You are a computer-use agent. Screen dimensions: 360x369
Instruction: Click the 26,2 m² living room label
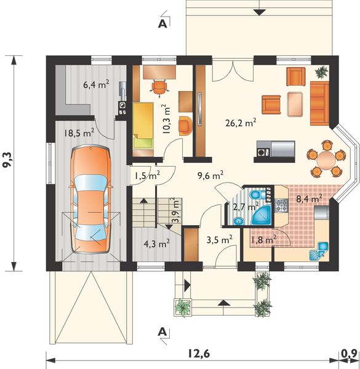(241, 123)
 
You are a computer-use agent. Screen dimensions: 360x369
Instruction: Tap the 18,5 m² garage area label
(79, 133)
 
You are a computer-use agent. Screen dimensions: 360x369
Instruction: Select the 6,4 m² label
(96, 84)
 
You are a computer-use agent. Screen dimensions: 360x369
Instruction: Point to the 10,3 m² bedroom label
(167, 119)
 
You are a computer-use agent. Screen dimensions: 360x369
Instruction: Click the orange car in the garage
(90, 199)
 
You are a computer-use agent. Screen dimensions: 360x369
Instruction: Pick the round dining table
(326, 159)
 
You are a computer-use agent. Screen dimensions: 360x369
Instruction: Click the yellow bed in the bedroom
(143, 125)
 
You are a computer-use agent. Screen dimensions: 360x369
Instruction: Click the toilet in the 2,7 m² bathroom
(256, 194)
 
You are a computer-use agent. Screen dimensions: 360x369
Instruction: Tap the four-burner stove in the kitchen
(281, 205)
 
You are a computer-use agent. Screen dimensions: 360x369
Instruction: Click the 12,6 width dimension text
(199, 354)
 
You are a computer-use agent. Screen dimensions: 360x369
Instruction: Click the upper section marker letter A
(162, 24)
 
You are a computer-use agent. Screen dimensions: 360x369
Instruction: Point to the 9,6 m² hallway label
(210, 175)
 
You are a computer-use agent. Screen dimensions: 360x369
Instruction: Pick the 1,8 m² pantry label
(263, 240)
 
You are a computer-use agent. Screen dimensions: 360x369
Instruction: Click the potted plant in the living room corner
(321, 72)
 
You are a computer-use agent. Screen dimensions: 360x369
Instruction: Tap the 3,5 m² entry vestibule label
(220, 240)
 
